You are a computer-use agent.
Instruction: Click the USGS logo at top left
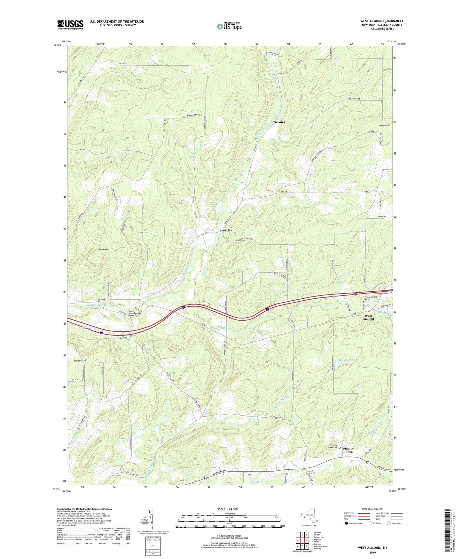[x=70, y=25]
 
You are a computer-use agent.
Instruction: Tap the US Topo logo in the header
[x=230, y=26]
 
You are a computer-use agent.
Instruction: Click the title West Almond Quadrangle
[x=382, y=21]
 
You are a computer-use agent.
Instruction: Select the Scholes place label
[x=279, y=122]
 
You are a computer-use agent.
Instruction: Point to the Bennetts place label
[x=225, y=231]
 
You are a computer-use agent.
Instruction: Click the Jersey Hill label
[x=384, y=125]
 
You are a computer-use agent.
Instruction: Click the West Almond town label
[x=368, y=317]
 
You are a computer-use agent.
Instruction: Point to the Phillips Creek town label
[x=348, y=450]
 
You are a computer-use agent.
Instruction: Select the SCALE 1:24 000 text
[x=227, y=509]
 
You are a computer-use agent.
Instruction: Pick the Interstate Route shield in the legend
[x=347, y=523]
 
